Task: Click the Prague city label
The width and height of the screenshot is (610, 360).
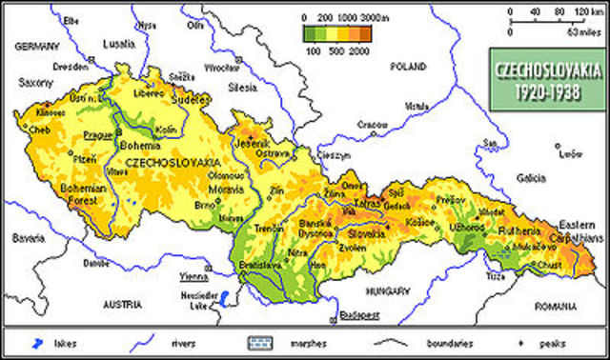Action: (98, 134)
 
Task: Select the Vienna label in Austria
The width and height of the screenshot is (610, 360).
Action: (194, 275)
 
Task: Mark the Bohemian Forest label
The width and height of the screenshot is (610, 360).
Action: (75, 195)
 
